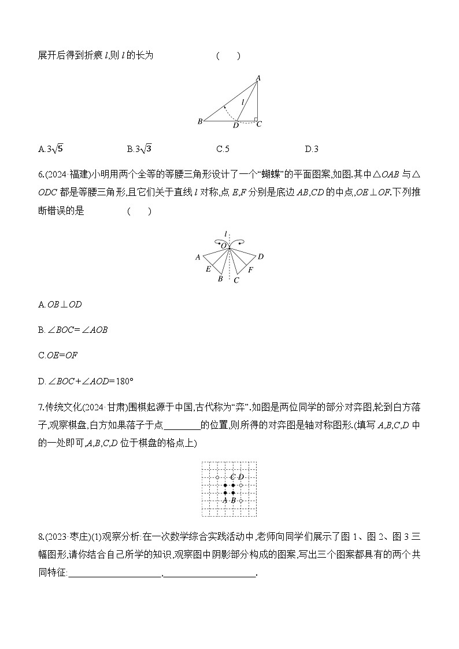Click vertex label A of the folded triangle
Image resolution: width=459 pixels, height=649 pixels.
(x=258, y=78)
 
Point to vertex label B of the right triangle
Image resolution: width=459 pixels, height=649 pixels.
(x=200, y=121)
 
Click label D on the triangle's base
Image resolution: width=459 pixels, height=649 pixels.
(x=235, y=125)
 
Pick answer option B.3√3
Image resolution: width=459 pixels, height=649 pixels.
(x=139, y=149)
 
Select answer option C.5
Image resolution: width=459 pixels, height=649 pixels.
(x=223, y=149)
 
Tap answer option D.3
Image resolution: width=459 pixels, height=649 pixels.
(x=312, y=149)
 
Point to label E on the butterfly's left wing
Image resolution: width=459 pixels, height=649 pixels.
(x=208, y=269)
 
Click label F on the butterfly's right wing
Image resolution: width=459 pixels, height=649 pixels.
(x=250, y=269)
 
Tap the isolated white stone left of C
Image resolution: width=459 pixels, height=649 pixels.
(x=217, y=477)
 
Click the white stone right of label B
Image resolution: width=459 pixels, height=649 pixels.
(x=241, y=500)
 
